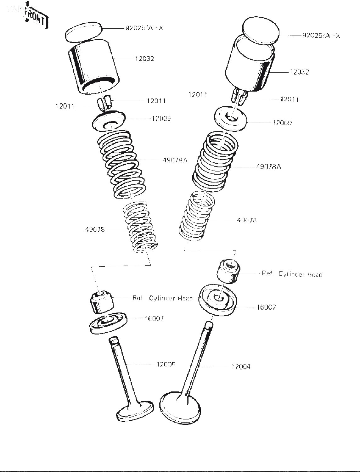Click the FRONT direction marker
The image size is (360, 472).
click(37, 18)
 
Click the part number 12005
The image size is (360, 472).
click(166, 364)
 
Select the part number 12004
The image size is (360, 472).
click(241, 366)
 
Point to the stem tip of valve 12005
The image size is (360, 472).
click(114, 340)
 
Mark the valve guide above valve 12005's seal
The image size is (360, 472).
click(101, 302)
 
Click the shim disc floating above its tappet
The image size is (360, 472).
click(84, 31)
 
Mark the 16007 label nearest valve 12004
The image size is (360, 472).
click(266, 307)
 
